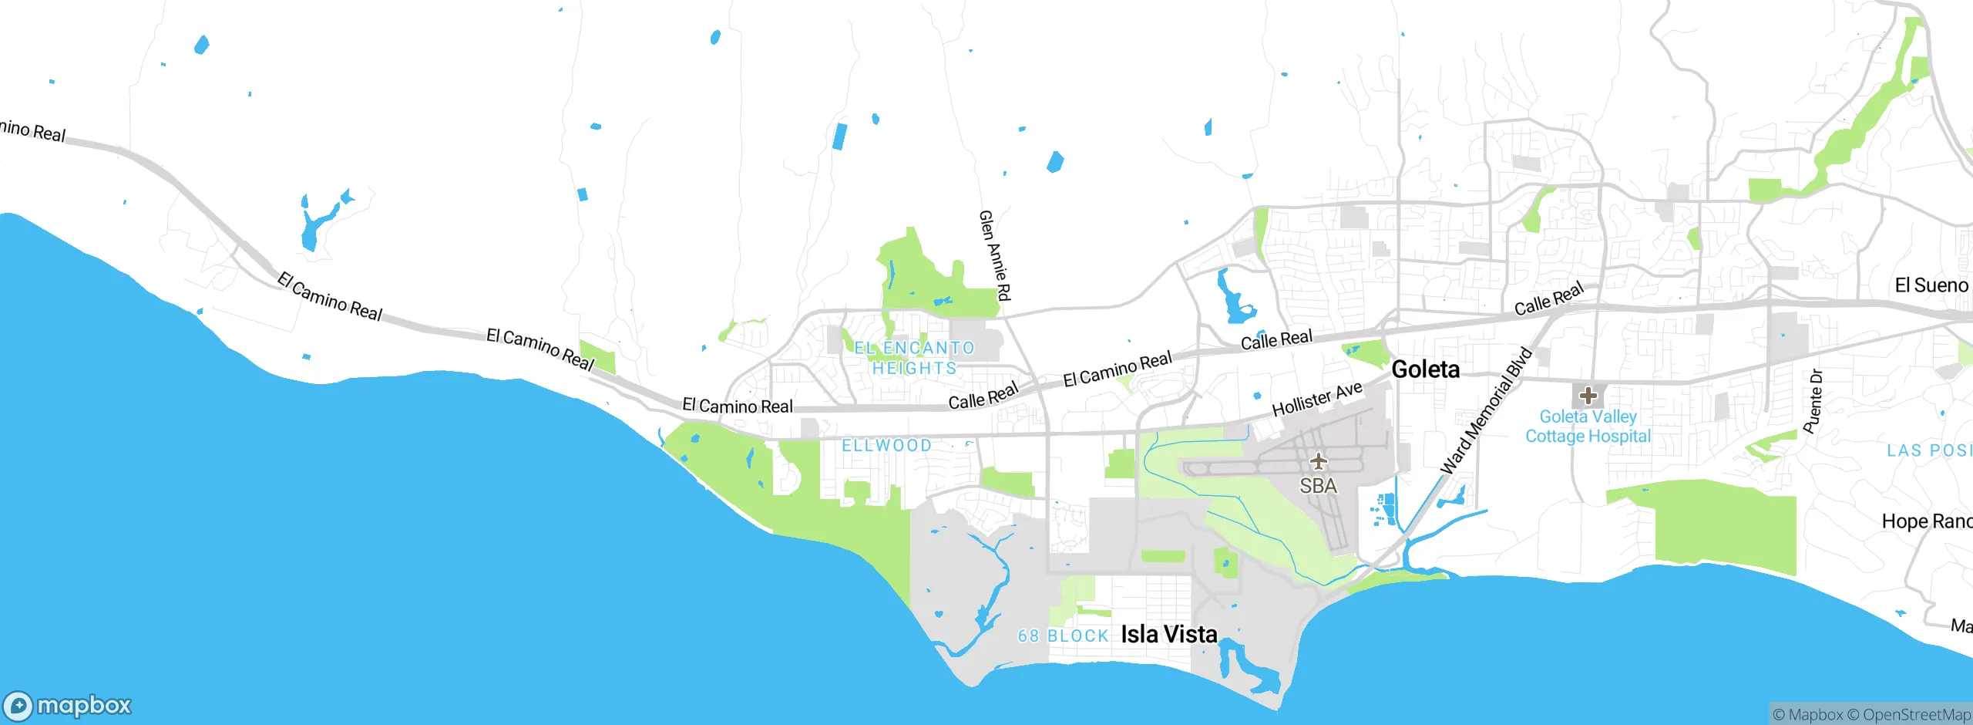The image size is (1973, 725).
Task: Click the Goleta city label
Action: [1425, 369]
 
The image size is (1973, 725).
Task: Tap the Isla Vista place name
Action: [1168, 634]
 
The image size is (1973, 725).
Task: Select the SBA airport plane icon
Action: [1319, 461]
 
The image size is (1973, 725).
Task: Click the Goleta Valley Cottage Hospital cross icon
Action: [1588, 396]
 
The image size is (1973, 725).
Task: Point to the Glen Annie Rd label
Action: [994, 255]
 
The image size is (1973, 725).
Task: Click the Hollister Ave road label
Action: [1316, 399]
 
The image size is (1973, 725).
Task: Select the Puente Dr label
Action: [1813, 401]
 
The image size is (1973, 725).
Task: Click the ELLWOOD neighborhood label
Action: [886, 445]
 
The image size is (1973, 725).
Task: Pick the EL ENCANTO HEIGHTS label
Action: [914, 358]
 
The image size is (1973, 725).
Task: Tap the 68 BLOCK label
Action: [1063, 636]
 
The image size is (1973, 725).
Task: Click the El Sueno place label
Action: [1931, 285]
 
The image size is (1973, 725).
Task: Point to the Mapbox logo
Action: [68, 705]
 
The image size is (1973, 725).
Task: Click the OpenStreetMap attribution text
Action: [1915, 715]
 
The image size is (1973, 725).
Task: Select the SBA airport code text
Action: [1318, 486]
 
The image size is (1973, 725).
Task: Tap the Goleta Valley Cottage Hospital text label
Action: [1588, 427]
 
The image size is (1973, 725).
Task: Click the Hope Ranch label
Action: [1926, 521]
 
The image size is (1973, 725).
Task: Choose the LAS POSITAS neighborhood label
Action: [1929, 450]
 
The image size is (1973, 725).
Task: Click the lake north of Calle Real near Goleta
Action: [1233, 300]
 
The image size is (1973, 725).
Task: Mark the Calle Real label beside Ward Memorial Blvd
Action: [1548, 298]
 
